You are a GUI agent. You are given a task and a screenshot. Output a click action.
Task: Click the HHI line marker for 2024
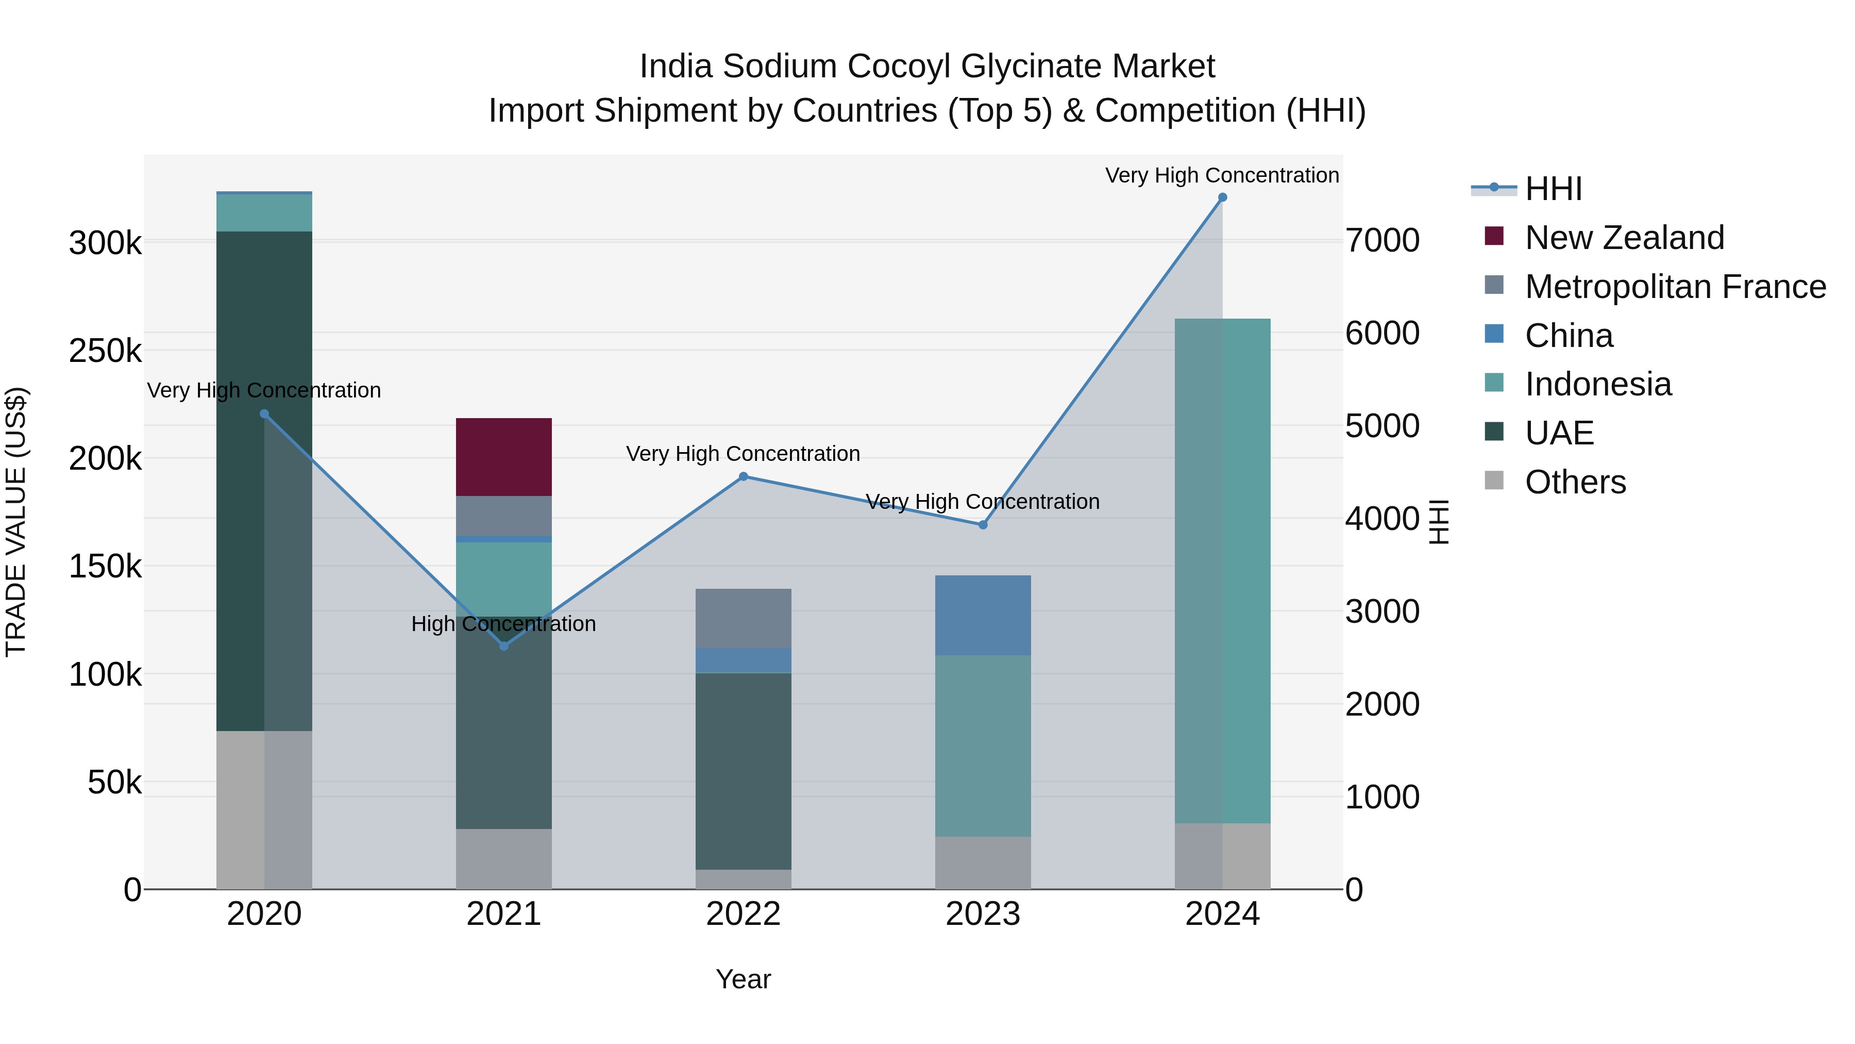[x=1222, y=197]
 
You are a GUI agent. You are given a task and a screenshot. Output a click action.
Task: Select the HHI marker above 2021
[x=504, y=645]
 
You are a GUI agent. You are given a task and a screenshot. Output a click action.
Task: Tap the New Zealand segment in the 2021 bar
[x=504, y=457]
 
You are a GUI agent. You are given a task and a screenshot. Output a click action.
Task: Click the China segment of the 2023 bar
[x=983, y=615]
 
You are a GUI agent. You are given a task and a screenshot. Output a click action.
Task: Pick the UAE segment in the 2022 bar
[x=743, y=771]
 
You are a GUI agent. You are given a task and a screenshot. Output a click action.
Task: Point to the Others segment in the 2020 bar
[x=264, y=810]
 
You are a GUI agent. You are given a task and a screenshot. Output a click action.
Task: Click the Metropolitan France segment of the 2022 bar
[x=743, y=618]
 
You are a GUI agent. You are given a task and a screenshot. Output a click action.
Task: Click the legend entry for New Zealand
[x=1624, y=238]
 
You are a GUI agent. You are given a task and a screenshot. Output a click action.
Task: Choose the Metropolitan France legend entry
[x=1675, y=287]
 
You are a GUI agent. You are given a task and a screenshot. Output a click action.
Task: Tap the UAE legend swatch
[x=1494, y=433]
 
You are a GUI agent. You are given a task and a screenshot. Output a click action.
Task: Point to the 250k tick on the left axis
[x=105, y=351]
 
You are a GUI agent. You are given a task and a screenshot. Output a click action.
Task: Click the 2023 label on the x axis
[x=983, y=914]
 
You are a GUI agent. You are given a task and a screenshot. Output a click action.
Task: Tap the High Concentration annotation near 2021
[x=503, y=623]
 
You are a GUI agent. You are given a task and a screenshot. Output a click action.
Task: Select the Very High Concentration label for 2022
[x=743, y=454]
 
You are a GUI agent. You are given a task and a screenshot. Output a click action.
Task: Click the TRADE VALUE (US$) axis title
[x=16, y=522]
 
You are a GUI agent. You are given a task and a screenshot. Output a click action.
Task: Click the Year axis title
[x=743, y=979]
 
